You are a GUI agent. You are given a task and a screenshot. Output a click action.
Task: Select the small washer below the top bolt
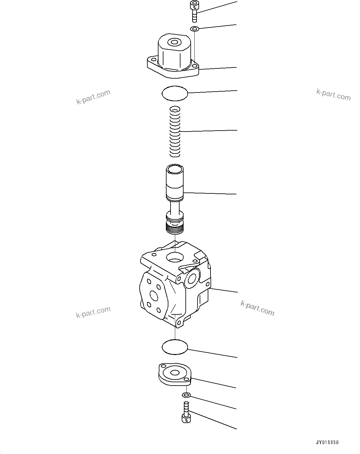(x=194, y=29)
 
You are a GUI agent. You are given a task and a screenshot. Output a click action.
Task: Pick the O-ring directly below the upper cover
(x=175, y=93)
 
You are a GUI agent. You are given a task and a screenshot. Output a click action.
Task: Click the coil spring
(x=175, y=132)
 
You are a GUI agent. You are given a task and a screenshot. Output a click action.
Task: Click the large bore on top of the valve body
(x=175, y=256)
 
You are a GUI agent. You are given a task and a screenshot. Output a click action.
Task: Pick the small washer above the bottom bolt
(x=186, y=395)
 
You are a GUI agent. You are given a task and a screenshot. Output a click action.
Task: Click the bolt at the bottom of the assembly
(x=186, y=412)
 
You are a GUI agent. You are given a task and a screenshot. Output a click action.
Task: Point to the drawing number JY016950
(x=327, y=443)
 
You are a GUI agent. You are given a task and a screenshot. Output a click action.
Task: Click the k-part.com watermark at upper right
(x=333, y=94)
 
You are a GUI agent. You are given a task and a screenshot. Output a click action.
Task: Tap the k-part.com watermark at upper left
(x=93, y=97)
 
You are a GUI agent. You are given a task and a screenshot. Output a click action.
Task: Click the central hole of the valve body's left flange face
(x=153, y=296)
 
